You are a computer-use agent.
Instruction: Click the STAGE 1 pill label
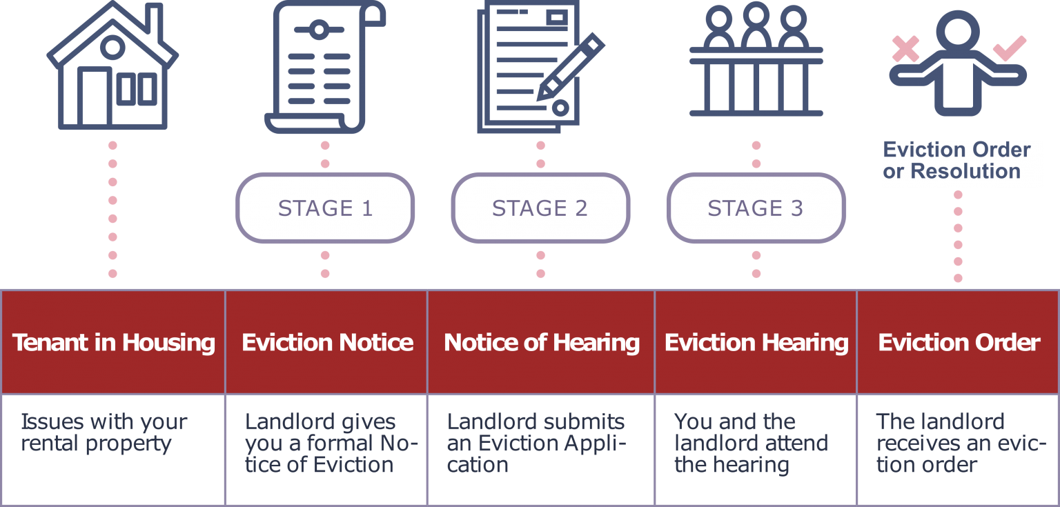coord(325,208)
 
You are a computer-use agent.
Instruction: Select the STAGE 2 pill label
coord(540,208)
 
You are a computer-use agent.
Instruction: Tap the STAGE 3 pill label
coord(756,208)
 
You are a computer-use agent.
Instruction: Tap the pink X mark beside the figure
coord(905,49)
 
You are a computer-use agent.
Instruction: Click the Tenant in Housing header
coord(113,342)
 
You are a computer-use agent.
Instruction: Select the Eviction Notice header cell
coord(327,342)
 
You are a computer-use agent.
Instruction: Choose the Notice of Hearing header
coord(541,342)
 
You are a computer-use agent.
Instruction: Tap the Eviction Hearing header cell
coord(756,342)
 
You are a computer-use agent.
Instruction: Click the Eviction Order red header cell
coord(959,342)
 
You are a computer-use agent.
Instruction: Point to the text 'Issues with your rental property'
coord(104,433)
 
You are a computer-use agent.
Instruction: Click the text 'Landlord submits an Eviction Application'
coord(536,443)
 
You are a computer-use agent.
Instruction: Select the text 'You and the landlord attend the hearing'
coord(751,443)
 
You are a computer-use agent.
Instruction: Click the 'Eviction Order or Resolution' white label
coord(961,161)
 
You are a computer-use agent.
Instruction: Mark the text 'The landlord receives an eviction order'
coord(960,443)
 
